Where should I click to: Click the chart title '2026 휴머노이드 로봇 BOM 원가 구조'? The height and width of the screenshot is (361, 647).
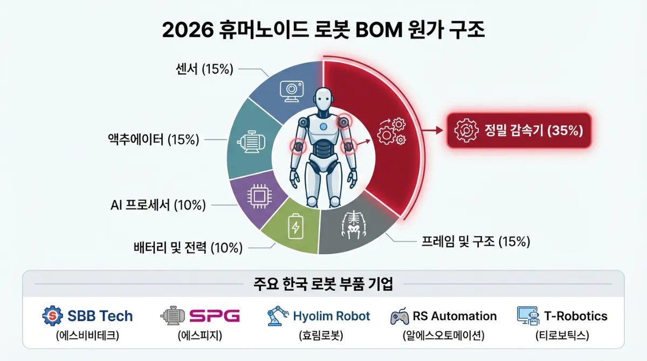click(323, 31)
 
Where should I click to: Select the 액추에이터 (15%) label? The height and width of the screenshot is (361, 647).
click(154, 140)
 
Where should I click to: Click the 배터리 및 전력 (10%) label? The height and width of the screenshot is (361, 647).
click(188, 248)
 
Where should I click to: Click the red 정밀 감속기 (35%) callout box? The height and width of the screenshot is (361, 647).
click(519, 130)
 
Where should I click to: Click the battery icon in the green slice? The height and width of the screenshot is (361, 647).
click(295, 227)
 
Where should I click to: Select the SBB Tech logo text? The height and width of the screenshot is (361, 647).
click(100, 316)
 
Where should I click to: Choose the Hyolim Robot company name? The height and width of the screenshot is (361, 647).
click(332, 316)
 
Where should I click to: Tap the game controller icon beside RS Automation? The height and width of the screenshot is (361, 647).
click(400, 316)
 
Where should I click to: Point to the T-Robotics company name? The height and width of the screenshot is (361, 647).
click(575, 316)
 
